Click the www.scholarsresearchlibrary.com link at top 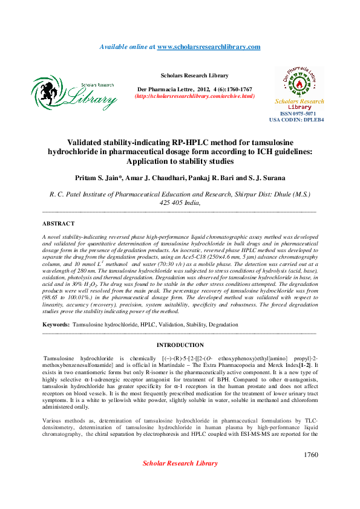(x=209, y=47)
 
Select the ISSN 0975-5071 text (x=298, y=114)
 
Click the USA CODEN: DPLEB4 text (x=296, y=120)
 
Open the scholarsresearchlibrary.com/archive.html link (x=194, y=96)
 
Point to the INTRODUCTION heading (x=180, y=345)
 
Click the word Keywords (x=56, y=325)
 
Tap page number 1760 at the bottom (x=310, y=455)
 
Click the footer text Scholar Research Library (x=180, y=463)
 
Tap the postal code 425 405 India (x=180, y=203)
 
